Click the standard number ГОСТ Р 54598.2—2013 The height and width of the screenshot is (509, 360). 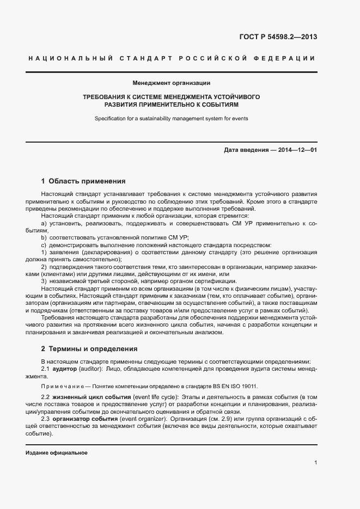click(278, 37)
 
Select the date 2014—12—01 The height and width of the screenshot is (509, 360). click(297, 150)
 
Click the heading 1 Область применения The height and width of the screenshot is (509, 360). click(83, 181)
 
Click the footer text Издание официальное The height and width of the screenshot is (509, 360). click(57, 453)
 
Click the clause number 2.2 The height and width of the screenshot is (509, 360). click(46, 398)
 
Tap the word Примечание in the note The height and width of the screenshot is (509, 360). click(60, 386)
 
